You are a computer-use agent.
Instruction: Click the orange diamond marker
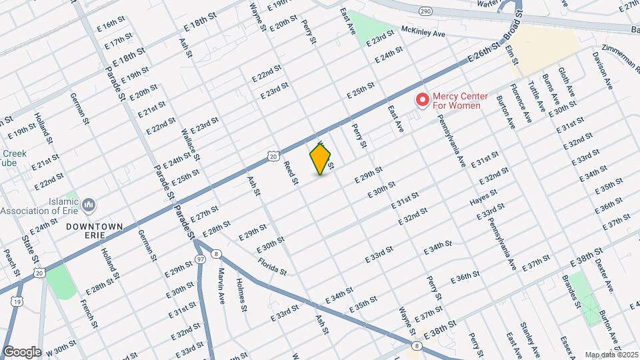pos(321,159)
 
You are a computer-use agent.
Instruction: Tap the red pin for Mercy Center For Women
pos(422,100)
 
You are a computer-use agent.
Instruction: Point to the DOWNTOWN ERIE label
pos(95,231)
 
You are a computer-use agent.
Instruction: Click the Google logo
pos(22,351)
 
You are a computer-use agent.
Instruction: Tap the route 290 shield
pos(425,11)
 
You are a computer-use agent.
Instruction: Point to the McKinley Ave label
pos(423,32)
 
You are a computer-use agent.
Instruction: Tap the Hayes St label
pos(483,198)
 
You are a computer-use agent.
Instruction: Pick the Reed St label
pos(289,172)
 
